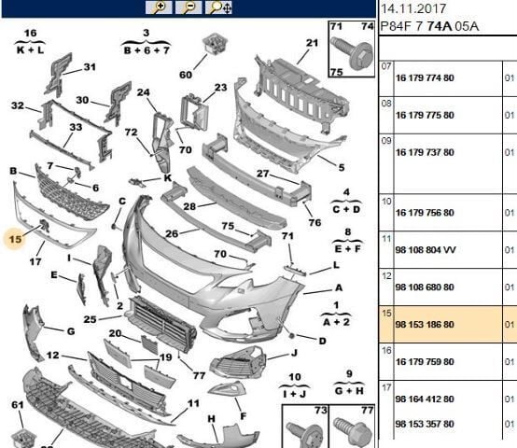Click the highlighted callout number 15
coord(14,239)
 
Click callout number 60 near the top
coord(186,75)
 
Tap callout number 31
coord(90,67)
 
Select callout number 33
coord(76,127)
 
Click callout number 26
coord(171,234)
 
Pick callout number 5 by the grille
coord(341,168)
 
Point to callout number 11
coord(193,403)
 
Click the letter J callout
coord(293,353)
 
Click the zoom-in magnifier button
coord(160,7)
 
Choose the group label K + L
coord(30,43)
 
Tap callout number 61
coord(17,405)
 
